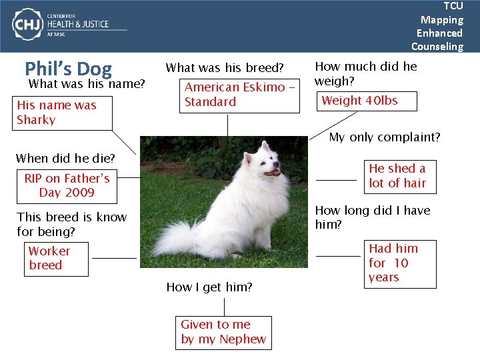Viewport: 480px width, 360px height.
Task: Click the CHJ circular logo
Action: (x=27, y=25)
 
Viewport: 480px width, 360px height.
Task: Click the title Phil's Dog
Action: (x=68, y=69)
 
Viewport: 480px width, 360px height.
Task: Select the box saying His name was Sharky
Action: (x=57, y=113)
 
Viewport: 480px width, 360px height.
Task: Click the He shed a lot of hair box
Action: (x=398, y=176)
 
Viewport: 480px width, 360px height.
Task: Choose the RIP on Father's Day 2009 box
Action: (x=67, y=185)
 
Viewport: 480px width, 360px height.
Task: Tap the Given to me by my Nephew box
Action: (x=223, y=332)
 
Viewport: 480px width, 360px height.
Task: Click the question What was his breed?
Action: (x=225, y=68)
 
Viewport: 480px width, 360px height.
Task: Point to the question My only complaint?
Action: (x=385, y=137)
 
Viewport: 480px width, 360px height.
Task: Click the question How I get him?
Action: (x=209, y=287)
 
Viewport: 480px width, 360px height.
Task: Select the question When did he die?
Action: (x=65, y=159)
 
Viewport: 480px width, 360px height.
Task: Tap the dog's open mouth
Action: (x=273, y=172)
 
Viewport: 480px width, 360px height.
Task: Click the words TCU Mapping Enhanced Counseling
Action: (x=438, y=26)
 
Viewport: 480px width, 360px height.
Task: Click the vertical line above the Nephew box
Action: (x=225, y=307)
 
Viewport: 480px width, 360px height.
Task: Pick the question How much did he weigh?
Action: (x=365, y=73)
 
